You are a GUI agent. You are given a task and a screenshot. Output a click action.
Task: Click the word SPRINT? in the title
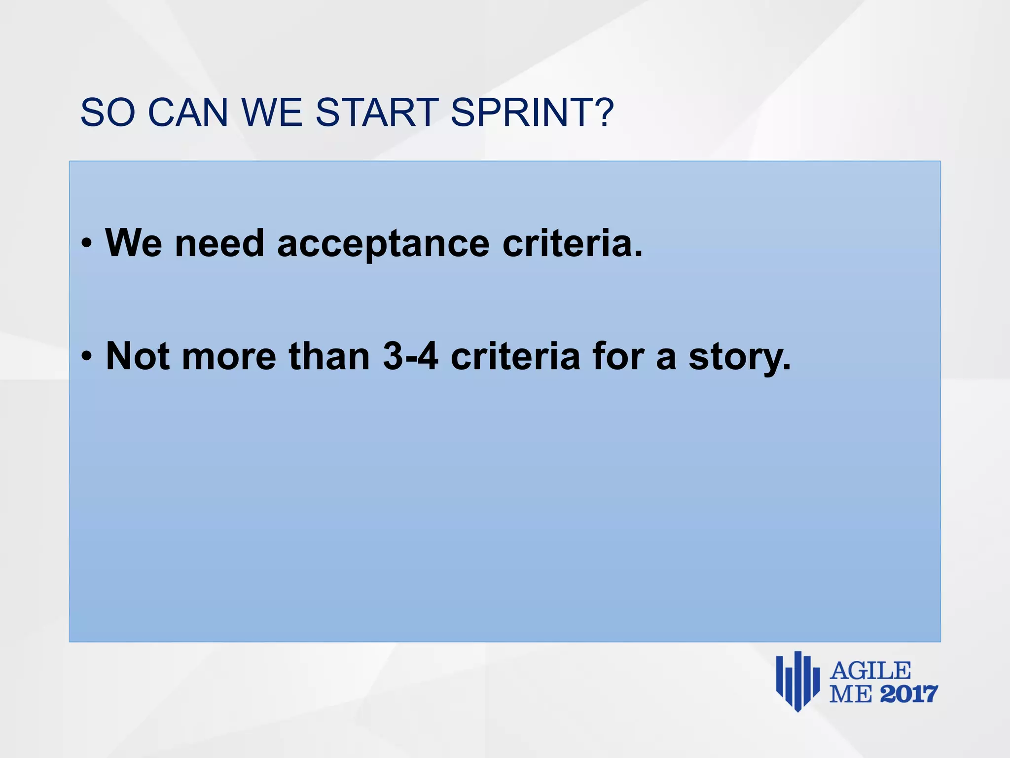click(x=532, y=113)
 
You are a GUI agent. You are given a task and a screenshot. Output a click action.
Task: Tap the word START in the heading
click(x=377, y=113)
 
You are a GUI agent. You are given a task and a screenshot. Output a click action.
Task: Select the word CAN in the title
click(x=188, y=113)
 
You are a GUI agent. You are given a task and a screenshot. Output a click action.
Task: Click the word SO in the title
click(x=108, y=113)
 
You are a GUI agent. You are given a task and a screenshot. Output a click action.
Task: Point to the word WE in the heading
click(x=272, y=113)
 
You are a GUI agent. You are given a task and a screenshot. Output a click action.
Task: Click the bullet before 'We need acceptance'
click(x=87, y=244)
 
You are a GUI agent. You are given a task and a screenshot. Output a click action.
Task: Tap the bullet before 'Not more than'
click(x=87, y=357)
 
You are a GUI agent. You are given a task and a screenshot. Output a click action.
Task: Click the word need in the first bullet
click(x=219, y=244)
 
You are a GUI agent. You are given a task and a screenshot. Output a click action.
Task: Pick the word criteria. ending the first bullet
click(x=573, y=244)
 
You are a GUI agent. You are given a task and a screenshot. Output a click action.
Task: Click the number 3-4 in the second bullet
click(x=410, y=356)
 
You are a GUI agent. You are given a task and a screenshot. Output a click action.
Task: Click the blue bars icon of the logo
click(x=797, y=681)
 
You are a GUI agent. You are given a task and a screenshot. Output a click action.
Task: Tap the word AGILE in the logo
click(x=870, y=671)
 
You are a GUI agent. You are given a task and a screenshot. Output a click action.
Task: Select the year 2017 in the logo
click(x=908, y=694)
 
